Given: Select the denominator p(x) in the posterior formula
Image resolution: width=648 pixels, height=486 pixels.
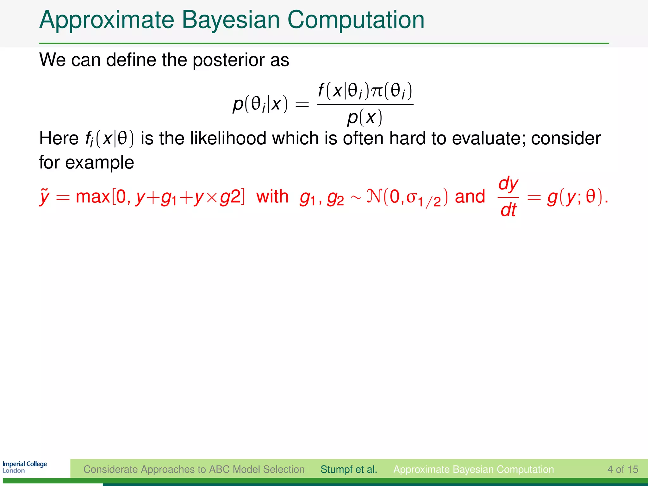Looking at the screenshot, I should click(364, 118).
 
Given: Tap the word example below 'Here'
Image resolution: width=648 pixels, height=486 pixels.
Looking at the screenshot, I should click(99, 163).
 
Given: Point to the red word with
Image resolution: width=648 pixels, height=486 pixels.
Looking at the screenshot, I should click(272, 196).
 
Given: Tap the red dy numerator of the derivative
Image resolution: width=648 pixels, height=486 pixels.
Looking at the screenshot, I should click(508, 184).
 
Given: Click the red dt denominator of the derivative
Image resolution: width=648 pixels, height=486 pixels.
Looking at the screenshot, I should click(508, 210).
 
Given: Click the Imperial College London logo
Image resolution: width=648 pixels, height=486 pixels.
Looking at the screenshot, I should click(25, 467).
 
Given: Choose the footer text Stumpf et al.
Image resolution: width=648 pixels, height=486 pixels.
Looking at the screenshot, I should click(349, 469).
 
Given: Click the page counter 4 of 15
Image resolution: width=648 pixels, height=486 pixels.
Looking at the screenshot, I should click(622, 469).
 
